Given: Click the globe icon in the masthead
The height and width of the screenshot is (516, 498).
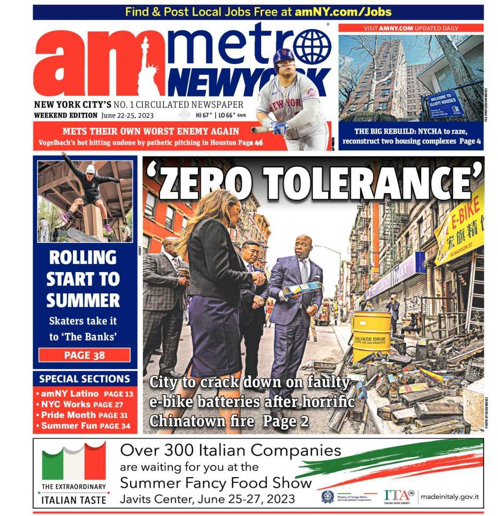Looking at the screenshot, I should pos(312,47).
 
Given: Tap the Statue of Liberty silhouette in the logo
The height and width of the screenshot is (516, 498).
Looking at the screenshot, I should pos(147,68).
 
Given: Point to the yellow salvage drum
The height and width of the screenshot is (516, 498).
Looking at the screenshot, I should pos(372,336).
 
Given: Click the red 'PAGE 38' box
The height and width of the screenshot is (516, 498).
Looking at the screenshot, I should pos(85,355).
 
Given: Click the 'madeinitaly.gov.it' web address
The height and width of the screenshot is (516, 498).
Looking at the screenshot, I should pos(449,496).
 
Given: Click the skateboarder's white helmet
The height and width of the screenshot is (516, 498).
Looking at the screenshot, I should pos(90,170).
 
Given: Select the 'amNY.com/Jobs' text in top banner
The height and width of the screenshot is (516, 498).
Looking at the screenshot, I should pos(343,12).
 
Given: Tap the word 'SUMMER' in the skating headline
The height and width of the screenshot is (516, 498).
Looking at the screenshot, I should pos(83,300).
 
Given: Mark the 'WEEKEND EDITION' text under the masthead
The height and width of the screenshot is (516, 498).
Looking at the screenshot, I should pos(66,116).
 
